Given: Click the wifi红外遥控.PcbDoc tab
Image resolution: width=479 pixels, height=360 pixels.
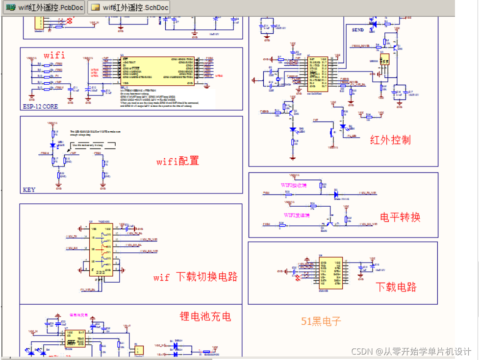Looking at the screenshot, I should (x=43, y=7).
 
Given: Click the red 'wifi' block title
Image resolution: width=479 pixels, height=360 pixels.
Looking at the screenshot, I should (x=54, y=55).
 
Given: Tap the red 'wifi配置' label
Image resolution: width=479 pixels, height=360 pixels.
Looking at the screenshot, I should (x=177, y=161).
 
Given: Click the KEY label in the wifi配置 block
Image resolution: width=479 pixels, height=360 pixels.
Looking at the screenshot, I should (x=29, y=190).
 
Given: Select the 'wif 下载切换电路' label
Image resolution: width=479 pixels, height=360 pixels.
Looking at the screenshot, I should (x=195, y=277).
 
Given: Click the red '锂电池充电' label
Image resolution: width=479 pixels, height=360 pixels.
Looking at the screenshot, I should (x=205, y=316).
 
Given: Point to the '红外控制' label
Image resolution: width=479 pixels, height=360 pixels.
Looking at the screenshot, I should (x=390, y=140).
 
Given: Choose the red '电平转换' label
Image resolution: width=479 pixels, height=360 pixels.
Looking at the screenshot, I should (x=400, y=217).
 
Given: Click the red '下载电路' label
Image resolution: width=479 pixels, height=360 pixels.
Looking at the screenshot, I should (x=396, y=287).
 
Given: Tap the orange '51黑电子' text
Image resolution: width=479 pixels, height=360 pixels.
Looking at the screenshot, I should (x=321, y=321).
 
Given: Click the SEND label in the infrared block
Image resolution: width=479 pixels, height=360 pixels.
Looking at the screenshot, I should (x=358, y=30).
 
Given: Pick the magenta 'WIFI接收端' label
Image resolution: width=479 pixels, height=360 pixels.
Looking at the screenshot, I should (x=294, y=186).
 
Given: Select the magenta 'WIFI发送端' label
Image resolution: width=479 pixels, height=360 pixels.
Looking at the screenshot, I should (x=296, y=215).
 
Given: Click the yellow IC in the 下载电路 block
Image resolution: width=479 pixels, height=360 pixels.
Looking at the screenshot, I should (x=330, y=272).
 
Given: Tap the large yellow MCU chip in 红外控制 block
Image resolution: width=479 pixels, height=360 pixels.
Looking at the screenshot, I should (x=317, y=74).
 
